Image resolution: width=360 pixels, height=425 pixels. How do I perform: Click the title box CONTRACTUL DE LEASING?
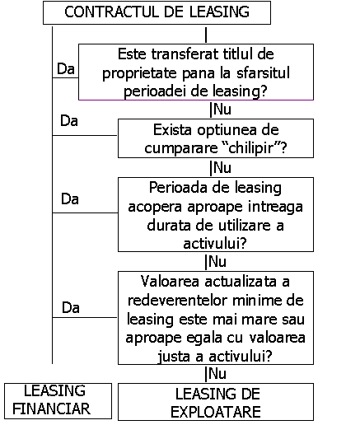point(157,12)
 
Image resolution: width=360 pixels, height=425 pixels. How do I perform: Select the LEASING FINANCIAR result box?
point(58,401)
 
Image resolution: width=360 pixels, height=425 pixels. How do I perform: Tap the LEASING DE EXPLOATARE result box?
point(216,402)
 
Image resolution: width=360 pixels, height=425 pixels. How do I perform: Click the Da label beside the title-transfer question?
point(66,68)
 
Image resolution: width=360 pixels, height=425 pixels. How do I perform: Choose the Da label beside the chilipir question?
point(69,121)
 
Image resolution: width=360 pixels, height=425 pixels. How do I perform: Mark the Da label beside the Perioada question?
point(70,198)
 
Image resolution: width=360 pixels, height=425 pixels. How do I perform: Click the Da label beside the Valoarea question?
point(71,307)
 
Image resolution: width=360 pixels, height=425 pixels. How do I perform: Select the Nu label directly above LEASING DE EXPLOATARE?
point(217,373)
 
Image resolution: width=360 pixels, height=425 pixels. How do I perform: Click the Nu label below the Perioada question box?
point(217,261)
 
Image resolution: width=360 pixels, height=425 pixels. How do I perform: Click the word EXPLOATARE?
point(216,412)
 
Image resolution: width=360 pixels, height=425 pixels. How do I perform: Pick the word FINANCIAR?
point(51,409)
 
